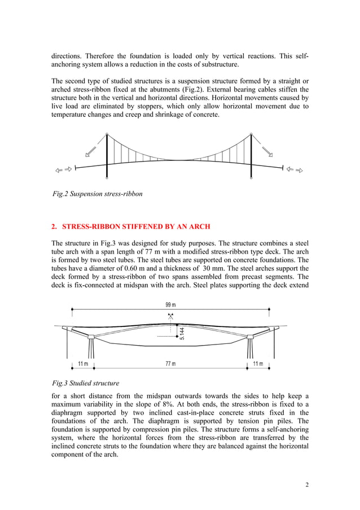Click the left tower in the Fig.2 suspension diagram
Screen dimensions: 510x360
tap(107, 156)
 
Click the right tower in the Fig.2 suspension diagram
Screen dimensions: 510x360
tap(251, 156)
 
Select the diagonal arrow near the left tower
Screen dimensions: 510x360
tap(90, 151)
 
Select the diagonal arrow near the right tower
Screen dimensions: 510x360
tap(267, 151)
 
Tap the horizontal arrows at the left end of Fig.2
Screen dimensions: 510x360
tap(62, 169)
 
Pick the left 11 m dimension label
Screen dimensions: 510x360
tap(84, 363)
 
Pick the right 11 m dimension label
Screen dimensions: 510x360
tap(258, 363)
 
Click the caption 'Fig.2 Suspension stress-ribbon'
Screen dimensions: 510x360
tap(97, 194)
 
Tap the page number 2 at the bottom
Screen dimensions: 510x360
tap(306, 485)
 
